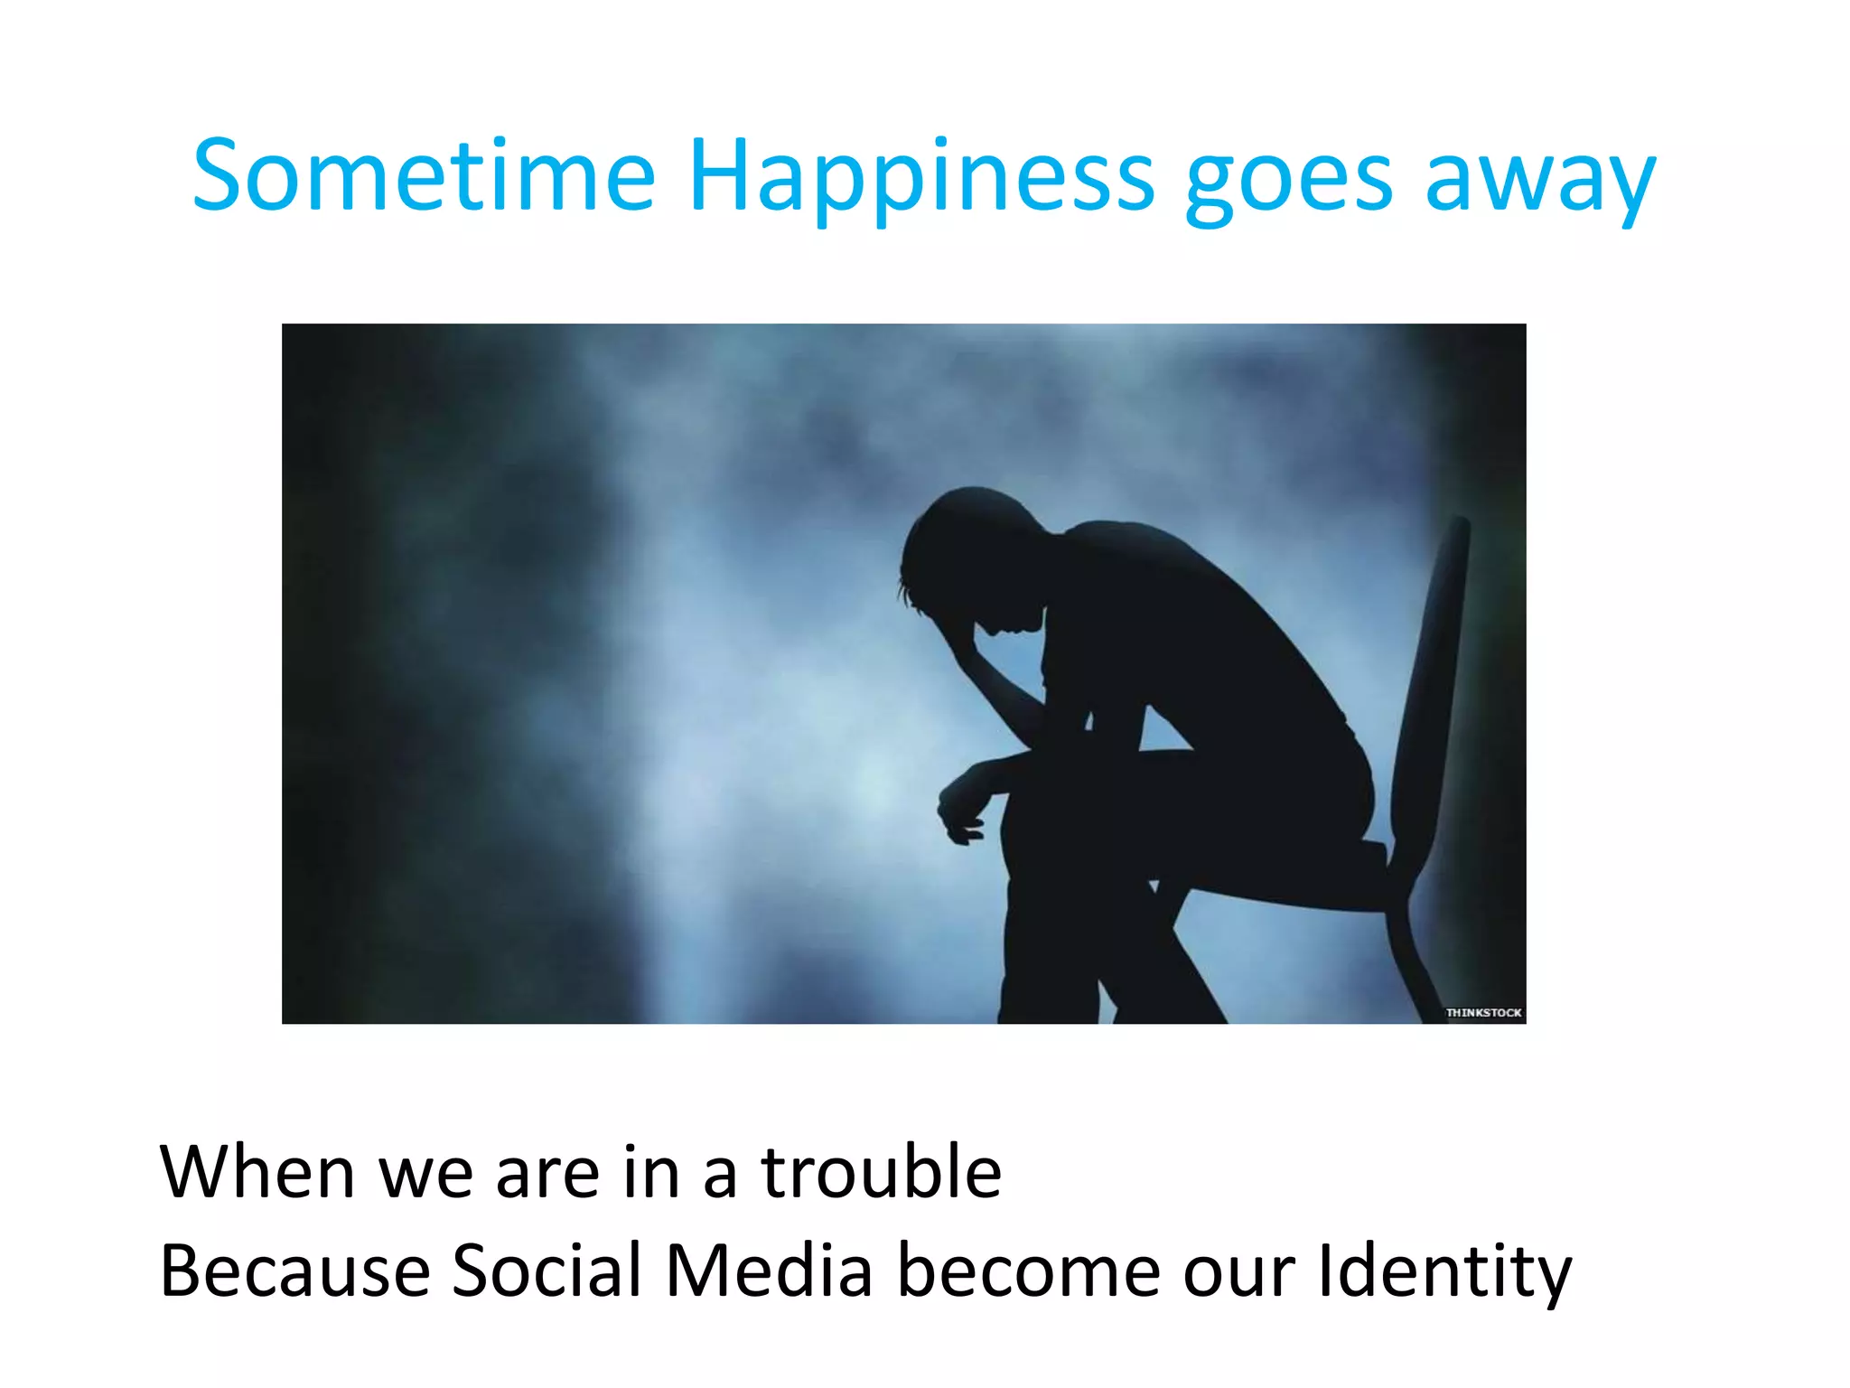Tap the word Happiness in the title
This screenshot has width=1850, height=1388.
point(921,177)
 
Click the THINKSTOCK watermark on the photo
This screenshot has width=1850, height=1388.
point(1483,1012)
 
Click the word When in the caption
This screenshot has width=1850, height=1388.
point(257,1172)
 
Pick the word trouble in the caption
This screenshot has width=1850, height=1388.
point(882,1172)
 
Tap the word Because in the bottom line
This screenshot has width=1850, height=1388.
point(294,1271)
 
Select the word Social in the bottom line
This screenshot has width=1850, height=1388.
point(546,1271)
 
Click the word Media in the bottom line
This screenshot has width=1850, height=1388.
point(769,1271)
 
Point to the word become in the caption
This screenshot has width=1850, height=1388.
point(1029,1271)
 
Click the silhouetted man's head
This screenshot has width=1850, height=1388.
point(967,551)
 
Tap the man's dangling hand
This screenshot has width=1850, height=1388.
point(962,809)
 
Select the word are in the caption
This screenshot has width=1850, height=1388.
point(547,1174)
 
